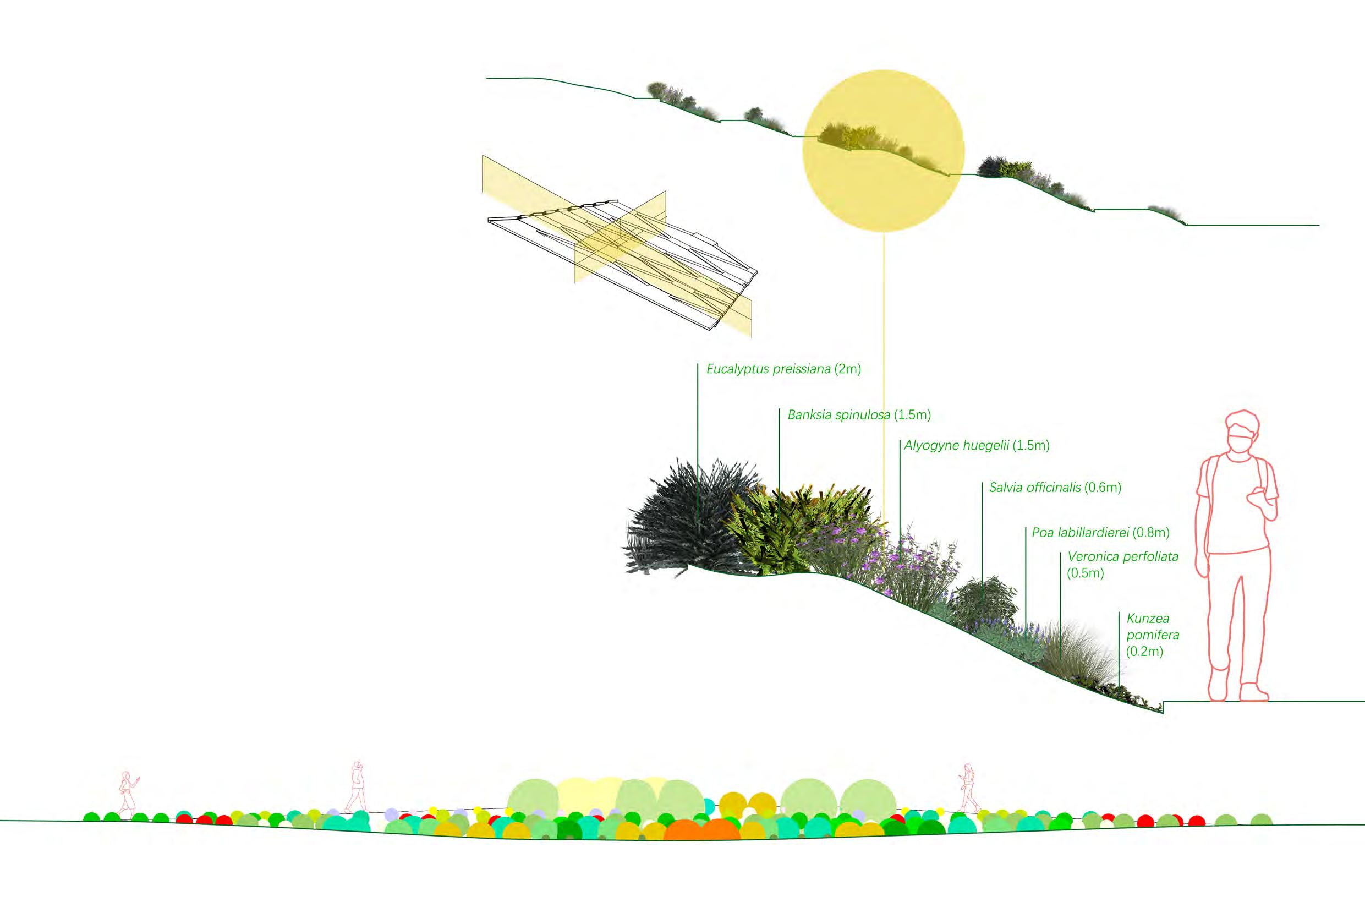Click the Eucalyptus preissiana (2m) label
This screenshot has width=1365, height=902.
click(783, 369)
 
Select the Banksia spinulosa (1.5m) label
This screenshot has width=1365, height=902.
click(858, 415)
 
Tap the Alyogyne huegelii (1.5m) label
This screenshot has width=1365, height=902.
click(977, 445)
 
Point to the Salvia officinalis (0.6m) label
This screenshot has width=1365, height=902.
click(1055, 487)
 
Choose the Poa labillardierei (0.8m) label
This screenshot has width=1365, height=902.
click(1100, 533)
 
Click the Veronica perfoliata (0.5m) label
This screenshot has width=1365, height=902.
click(1122, 564)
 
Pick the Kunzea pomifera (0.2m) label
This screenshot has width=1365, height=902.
click(1144, 635)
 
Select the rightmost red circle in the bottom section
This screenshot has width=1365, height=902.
click(1197, 821)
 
